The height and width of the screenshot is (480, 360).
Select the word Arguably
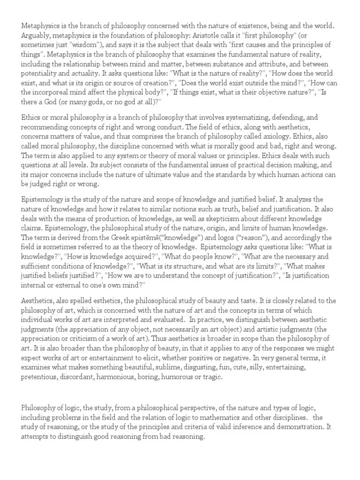36,36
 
